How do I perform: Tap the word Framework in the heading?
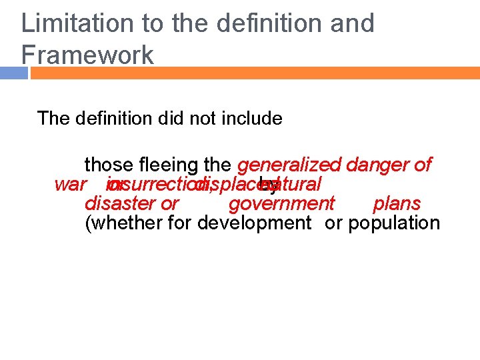coord(87,54)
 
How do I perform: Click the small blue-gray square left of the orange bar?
coord(14,73)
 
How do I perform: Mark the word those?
coord(108,165)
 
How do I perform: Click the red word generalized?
coord(288,165)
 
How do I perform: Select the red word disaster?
coord(117,203)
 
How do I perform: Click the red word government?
coord(281,203)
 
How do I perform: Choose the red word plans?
coord(397,203)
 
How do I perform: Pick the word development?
coord(254,223)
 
